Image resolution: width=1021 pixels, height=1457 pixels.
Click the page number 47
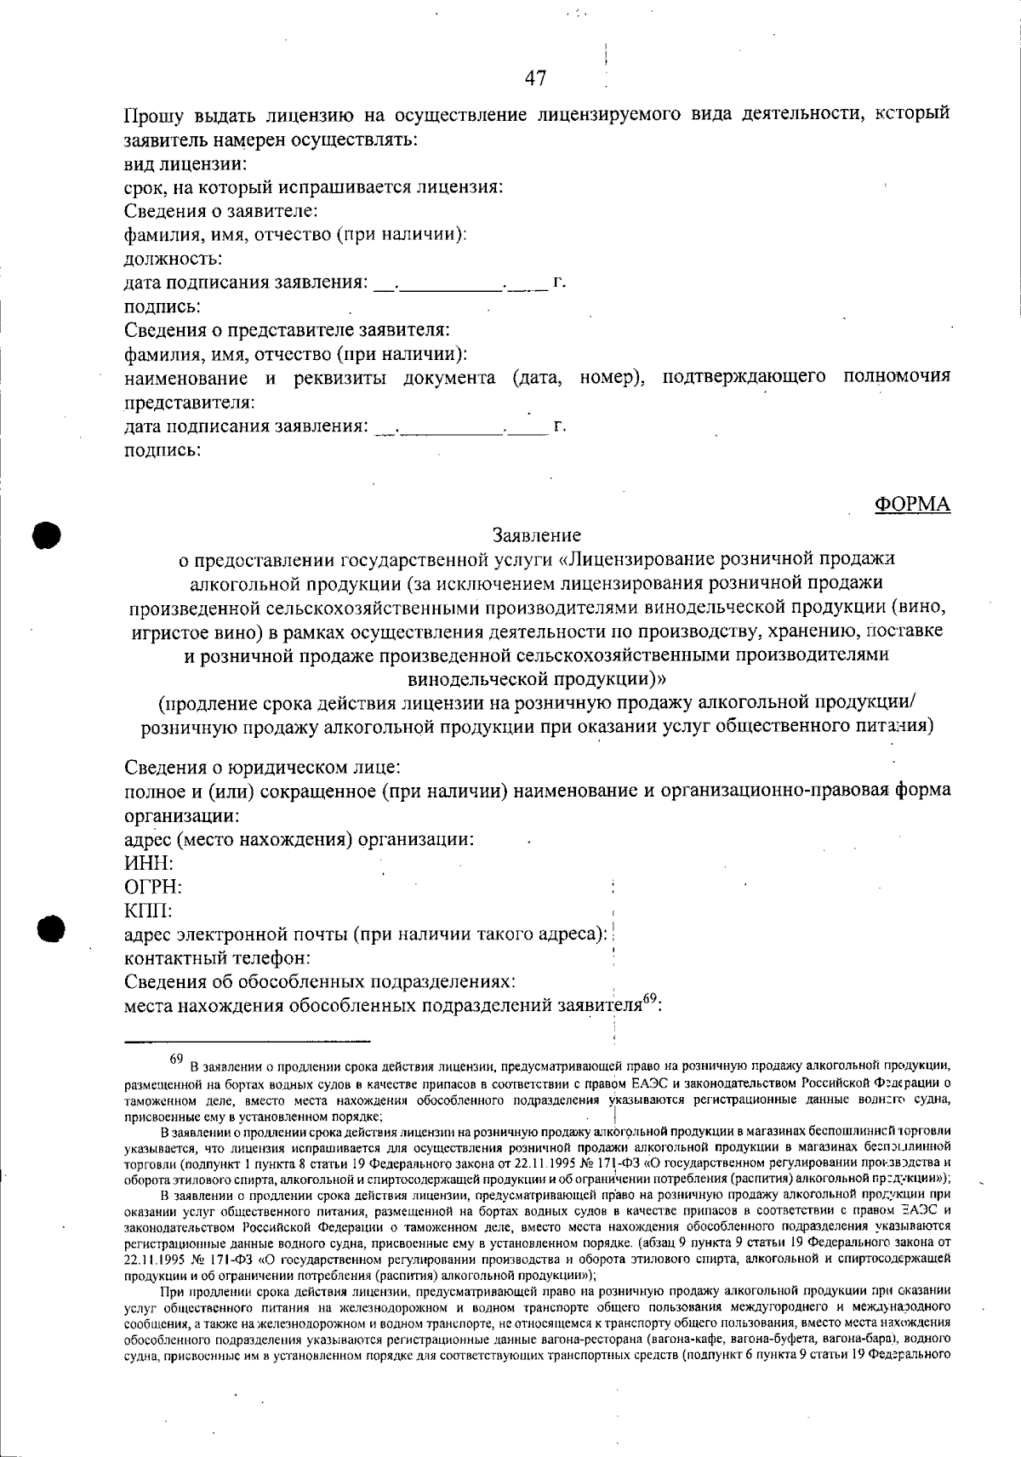click(x=536, y=78)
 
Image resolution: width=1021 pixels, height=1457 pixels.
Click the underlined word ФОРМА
click(x=912, y=505)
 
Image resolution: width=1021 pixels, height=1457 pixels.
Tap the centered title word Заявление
click(x=537, y=535)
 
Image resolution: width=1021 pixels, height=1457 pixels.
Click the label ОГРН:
click(x=153, y=887)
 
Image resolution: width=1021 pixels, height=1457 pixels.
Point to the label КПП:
click(x=149, y=911)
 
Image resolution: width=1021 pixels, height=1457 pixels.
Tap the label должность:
click(x=174, y=258)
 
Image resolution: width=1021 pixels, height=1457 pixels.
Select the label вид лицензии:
click(x=185, y=163)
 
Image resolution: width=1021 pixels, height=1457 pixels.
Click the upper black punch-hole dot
click(x=48, y=534)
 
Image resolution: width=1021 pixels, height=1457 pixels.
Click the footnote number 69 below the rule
click(x=177, y=1060)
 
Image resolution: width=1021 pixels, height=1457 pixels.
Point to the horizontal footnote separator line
click(x=248, y=1040)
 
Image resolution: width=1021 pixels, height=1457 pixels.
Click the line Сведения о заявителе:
click(x=221, y=210)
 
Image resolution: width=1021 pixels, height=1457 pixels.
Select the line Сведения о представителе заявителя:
click(x=287, y=329)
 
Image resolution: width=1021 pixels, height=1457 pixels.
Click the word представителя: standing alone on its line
click(x=190, y=402)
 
